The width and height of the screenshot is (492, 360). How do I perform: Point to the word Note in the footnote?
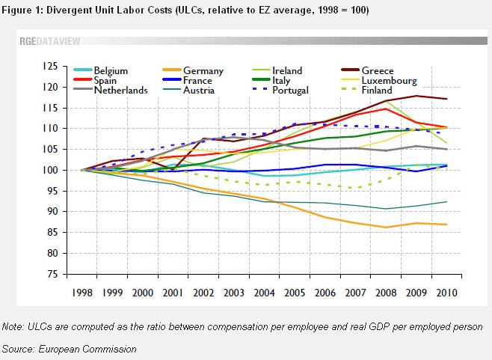[13, 327]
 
